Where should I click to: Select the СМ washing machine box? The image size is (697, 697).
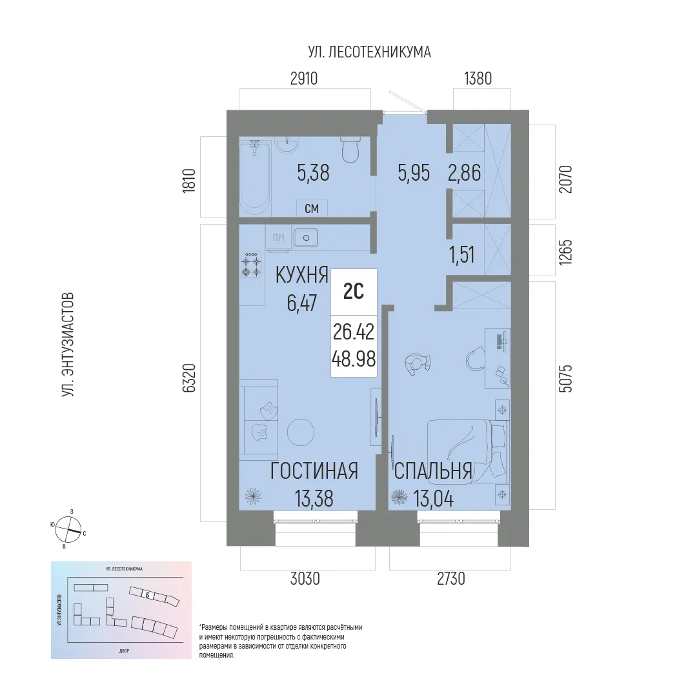[x=312, y=208]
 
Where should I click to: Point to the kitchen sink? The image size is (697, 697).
[x=305, y=239]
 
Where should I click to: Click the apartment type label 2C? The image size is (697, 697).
[x=353, y=292]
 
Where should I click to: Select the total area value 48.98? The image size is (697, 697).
[x=354, y=359]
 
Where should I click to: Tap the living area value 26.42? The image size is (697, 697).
[x=354, y=332]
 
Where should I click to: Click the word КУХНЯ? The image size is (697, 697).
[x=302, y=275]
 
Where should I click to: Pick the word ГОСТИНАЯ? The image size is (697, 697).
[x=314, y=472]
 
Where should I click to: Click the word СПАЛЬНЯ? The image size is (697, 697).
[x=432, y=472]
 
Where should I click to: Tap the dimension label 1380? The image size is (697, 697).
[x=478, y=79]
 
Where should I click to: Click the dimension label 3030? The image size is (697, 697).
[x=305, y=580]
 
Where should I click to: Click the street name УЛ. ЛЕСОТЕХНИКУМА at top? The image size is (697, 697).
[x=369, y=52]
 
